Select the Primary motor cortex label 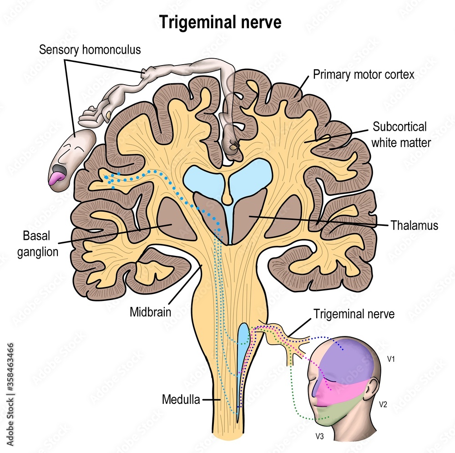click(x=364, y=75)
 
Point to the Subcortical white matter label click(x=400, y=134)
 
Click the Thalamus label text click(x=414, y=225)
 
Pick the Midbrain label click(x=150, y=312)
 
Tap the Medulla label click(x=181, y=400)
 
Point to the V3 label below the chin click(x=320, y=436)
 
